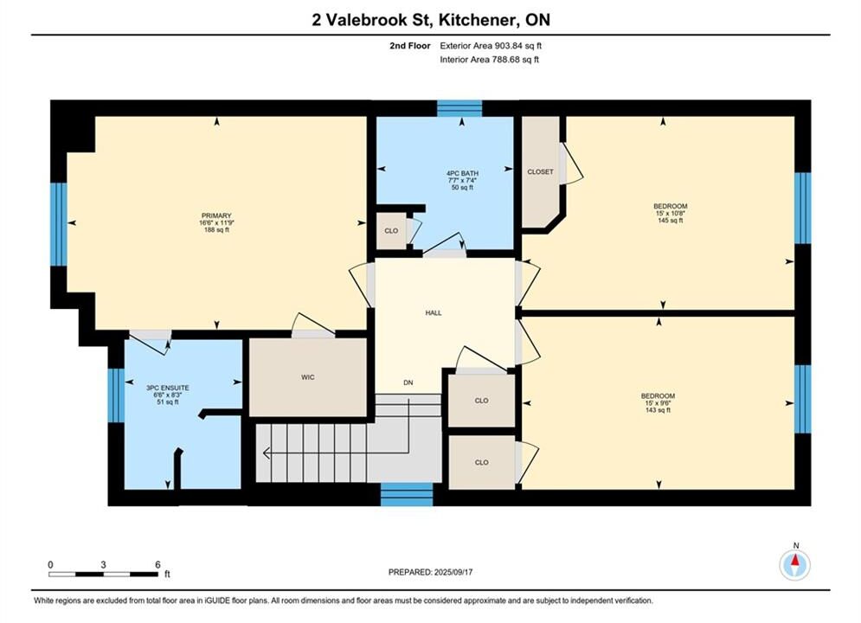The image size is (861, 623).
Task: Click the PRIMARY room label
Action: pos(216,215)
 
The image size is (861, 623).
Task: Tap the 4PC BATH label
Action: pos(462,173)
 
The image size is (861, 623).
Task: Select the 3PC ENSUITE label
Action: pos(168,388)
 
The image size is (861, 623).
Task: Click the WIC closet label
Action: pos(307,377)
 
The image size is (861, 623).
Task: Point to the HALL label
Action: pos(434,313)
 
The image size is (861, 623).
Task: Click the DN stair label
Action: pos(408,382)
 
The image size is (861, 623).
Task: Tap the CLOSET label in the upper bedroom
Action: pos(540,172)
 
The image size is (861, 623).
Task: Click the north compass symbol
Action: pos(795,562)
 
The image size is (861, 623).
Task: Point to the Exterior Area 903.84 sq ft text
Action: pos(491,46)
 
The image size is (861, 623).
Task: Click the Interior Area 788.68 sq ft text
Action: pos(489,60)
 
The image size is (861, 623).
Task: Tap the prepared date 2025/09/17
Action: pos(453,572)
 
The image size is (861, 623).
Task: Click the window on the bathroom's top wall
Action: pos(459,108)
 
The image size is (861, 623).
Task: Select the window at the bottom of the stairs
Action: pos(407,494)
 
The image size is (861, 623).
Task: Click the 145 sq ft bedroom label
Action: pos(670,221)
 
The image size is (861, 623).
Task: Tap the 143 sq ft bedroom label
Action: pos(658,410)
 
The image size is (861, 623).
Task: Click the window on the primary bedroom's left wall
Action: pos(59,224)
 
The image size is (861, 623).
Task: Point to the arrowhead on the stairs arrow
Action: pos(267,453)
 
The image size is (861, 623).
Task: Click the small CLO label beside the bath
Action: pos(391,230)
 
